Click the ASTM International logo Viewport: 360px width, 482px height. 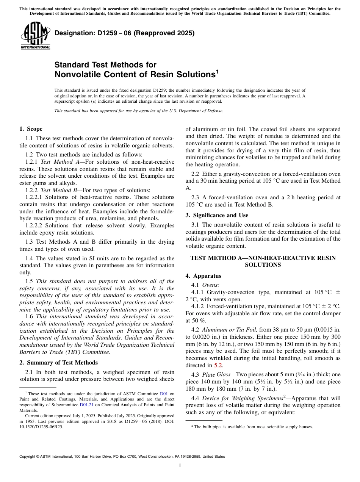tap(35, 36)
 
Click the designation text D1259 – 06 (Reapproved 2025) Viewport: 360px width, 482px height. tap(124, 33)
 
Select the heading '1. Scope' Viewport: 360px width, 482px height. tap(31, 129)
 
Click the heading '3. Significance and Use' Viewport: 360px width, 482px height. tap(217, 215)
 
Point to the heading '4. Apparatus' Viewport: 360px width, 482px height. tap(203, 276)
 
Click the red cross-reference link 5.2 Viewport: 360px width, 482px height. tap(219, 366)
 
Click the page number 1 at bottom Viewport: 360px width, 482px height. tap(180, 466)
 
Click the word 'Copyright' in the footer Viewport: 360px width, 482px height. tap(28, 457)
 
